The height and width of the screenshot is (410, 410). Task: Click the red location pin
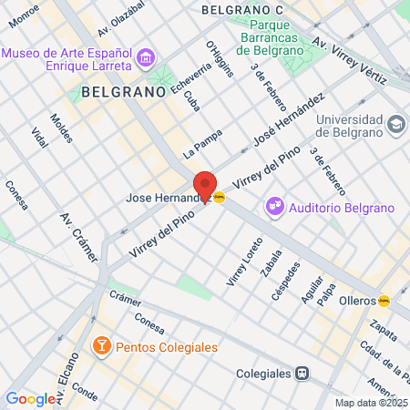pos(206,186)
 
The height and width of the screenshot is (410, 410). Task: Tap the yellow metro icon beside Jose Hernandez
pos(219,196)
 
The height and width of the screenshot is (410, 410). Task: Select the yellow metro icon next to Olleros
pos(385,300)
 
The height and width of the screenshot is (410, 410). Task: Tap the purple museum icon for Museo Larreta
pos(145,60)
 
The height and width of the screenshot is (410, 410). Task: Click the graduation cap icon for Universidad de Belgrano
pos(395,123)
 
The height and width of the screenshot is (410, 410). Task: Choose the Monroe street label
pos(22,11)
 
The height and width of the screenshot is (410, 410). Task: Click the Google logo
pos(30,398)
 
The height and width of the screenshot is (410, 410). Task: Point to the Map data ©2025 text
pos(372,403)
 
